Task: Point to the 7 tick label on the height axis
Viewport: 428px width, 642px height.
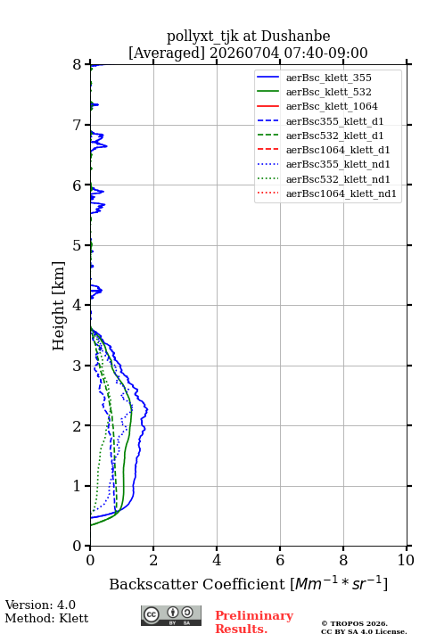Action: click(78, 125)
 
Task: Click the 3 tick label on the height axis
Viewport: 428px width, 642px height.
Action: click(78, 366)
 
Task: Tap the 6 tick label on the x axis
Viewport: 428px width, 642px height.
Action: click(280, 560)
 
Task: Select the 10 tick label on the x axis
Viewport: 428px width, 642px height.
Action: click(406, 560)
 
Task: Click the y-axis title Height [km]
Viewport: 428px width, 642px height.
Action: click(59, 306)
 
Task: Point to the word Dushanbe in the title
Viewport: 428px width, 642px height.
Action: click(295, 37)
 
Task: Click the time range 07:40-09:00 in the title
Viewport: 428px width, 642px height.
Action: click(325, 53)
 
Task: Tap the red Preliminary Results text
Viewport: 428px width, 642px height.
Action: click(254, 622)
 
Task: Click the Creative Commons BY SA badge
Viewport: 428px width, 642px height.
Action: click(171, 615)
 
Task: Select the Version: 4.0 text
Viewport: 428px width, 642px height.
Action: click(40, 605)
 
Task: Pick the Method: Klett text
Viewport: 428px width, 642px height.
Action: click(46, 618)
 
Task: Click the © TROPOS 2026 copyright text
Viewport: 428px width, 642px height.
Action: click(354, 623)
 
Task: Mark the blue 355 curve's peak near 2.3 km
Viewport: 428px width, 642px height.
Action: click(147, 409)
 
